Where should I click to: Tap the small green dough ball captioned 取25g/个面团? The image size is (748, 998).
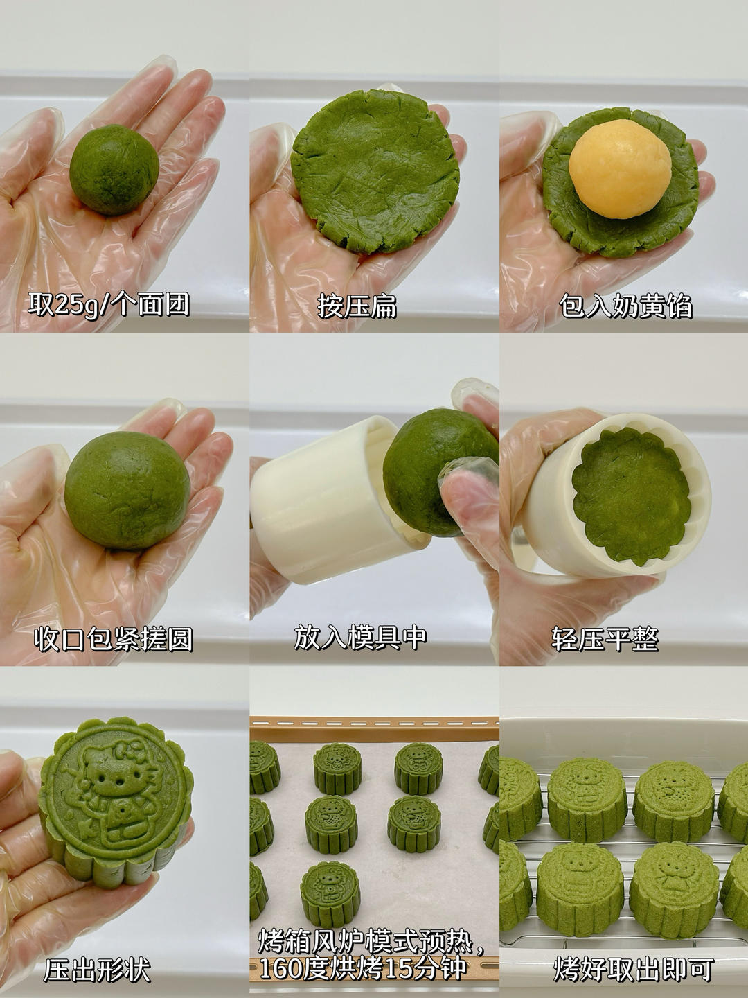click(x=114, y=170)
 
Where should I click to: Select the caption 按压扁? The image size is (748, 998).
click(x=357, y=306)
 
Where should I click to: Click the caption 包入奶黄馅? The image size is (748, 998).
click(x=625, y=306)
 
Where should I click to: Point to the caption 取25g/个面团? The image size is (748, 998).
click(x=109, y=304)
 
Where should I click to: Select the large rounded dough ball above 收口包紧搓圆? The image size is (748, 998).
click(x=127, y=491)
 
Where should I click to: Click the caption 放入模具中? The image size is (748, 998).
click(x=359, y=638)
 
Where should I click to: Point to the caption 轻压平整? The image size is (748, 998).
click(x=605, y=639)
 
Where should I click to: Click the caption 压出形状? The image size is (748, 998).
click(x=97, y=968)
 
